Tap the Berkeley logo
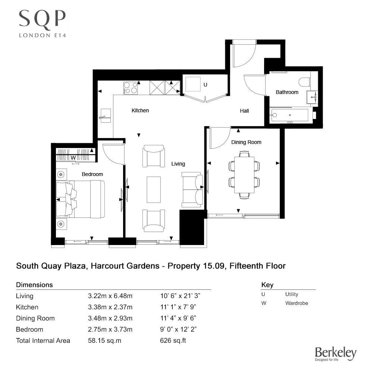tap(335, 354)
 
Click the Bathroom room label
tap(287, 92)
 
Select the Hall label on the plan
tap(244, 111)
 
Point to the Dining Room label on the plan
tap(246, 142)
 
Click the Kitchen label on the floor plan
tap(140, 110)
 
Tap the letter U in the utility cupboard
tap(205, 85)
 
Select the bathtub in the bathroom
tap(290, 115)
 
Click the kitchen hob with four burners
tap(130, 88)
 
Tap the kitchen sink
tap(106, 116)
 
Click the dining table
tap(244, 175)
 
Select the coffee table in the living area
tap(154, 189)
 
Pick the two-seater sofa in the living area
tap(192, 189)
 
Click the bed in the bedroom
tap(81, 199)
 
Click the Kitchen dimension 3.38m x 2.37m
tap(110, 307)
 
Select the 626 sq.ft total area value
tap(173, 341)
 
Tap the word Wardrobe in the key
tap(297, 303)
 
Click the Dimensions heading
tap(34, 285)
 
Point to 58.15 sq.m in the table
tap(105, 341)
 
